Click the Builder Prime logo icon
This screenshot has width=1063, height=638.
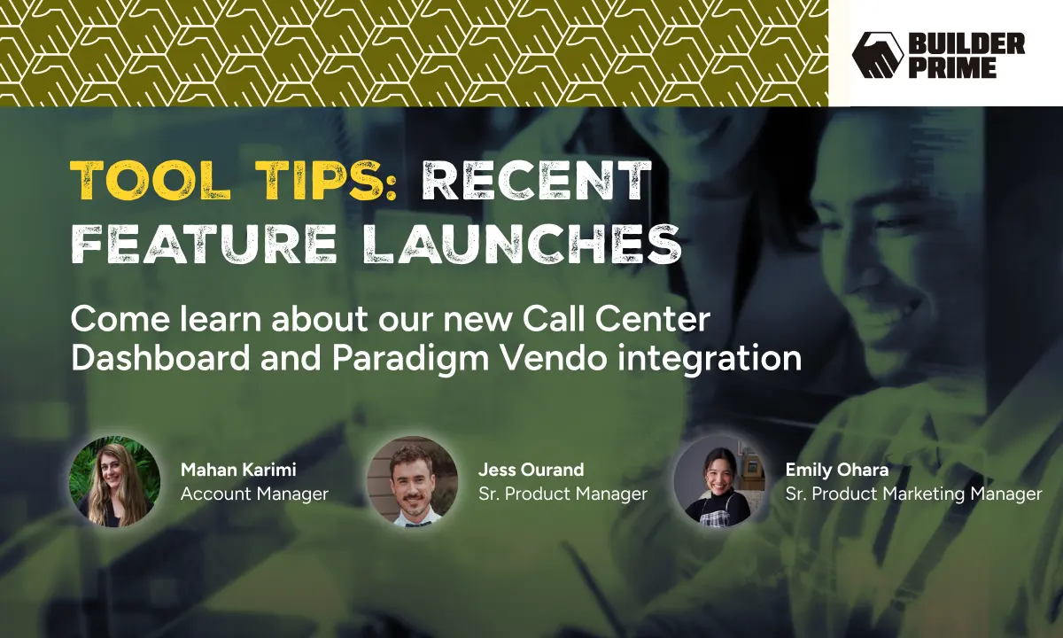tap(877, 55)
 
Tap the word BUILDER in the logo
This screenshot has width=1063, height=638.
tap(966, 43)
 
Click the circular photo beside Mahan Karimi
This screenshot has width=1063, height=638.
tap(115, 481)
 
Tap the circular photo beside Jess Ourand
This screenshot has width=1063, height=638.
tap(413, 481)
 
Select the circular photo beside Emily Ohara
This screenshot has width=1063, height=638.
tap(718, 481)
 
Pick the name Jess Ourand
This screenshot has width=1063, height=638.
tap(531, 470)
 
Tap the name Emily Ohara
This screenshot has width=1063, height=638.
tap(836, 470)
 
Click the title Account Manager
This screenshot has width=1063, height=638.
tap(254, 494)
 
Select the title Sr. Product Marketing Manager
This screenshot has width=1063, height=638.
tap(913, 494)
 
